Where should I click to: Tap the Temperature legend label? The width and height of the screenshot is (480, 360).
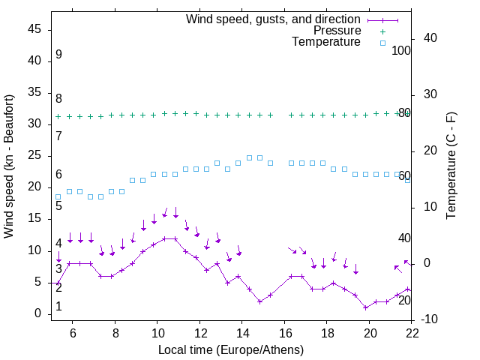click(x=326, y=42)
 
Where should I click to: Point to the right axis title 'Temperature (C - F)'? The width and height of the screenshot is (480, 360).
click(x=451, y=166)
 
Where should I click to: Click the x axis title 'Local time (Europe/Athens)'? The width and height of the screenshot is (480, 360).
click(x=231, y=350)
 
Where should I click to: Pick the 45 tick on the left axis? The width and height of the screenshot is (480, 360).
click(x=34, y=29)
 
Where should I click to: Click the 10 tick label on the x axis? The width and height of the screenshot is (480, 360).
click(x=157, y=332)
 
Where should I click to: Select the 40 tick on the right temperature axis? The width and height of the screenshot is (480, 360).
click(x=431, y=38)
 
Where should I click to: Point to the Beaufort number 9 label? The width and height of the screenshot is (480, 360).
click(x=58, y=55)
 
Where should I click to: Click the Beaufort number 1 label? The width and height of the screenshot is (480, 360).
click(x=58, y=307)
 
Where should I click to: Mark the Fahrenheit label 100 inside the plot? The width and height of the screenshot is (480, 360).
click(x=401, y=50)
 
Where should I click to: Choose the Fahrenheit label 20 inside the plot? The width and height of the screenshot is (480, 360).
click(x=404, y=300)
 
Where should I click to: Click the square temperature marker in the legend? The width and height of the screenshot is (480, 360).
click(x=382, y=43)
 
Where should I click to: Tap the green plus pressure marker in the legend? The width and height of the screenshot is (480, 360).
click(x=382, y=31)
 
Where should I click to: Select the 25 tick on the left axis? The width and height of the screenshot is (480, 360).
click(x=34, y=155)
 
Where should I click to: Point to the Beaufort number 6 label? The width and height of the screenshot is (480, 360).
click(x=58, y=175)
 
